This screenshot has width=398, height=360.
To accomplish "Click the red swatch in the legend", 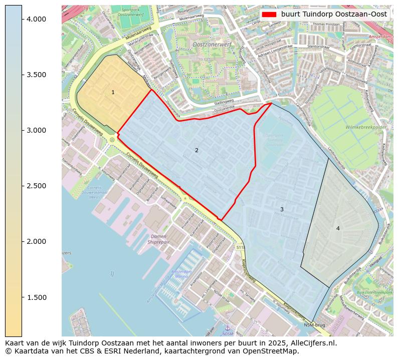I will [269, 14].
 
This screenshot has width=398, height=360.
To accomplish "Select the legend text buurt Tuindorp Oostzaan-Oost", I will [334, 14].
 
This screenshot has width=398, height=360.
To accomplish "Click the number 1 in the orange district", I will [113, 92].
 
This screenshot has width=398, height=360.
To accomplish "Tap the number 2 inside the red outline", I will [196, 150].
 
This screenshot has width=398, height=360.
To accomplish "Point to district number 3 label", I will [282, 209].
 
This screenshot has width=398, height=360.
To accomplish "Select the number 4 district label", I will [338, 228].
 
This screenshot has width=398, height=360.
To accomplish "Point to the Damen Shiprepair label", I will [158, 239].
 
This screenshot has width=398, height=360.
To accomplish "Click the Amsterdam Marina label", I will [181, 274].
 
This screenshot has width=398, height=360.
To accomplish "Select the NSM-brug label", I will [314, 325].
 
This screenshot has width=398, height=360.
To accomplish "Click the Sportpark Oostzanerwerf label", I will [131, 12].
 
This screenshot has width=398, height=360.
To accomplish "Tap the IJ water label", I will [112, 273].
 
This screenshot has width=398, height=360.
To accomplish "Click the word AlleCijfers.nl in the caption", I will [311, 343].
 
